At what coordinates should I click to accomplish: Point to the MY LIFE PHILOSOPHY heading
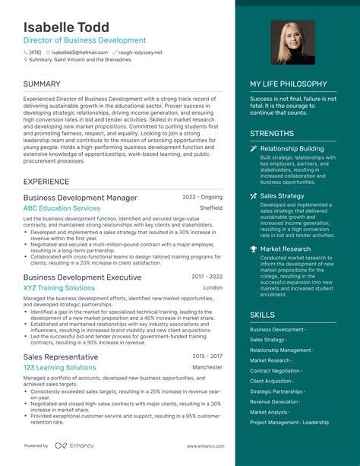pyautogui.click(x=289, y=84)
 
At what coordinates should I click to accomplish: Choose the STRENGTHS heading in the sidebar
pyautogui.click(x=272, y=134)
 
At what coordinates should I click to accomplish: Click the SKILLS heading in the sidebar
pyautogui.click(x=263, y=314)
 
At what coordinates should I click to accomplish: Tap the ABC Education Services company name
pyautogui.click(x=62, y=208)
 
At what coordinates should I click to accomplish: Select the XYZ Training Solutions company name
pyautogui.click(x=59, y=289)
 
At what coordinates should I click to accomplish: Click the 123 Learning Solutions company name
pyautogui.click(x=59, y=367)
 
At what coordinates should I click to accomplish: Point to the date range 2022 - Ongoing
pyautogui.click(x=202, y=197)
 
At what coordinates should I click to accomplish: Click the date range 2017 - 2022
pyautogui.click(x=207, y=277)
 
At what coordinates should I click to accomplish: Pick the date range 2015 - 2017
pyautogui.click(x=207, y=356)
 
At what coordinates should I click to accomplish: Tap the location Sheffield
pyautogui.click(x=211, y=208)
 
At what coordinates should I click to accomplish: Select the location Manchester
pyautogui.click(x=207, y=367)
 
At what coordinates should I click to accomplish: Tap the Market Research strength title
pyautogui.click(x=285, y=249)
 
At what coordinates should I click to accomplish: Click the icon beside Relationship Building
pyautogui.click(x=253, y=149)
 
